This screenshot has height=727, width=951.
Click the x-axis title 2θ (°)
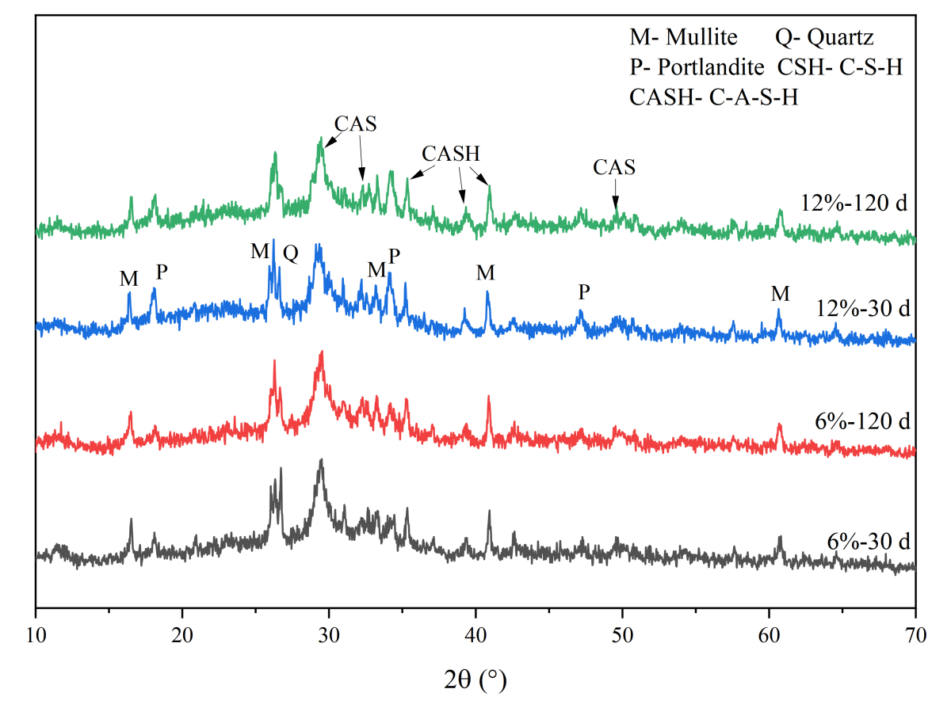pos(474,679)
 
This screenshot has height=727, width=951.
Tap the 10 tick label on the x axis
pos(36,634)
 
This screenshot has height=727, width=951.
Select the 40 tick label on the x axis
pos(475,634)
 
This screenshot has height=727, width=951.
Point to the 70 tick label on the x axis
pos(915,634)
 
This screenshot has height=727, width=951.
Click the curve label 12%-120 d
pos(854,204)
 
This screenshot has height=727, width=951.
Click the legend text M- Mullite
pos(683,37)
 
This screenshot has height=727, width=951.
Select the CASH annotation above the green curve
pos(451,153)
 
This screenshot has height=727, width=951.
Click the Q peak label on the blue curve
pos(291,254)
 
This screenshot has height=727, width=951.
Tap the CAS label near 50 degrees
pos(614,167)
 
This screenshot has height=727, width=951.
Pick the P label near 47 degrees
pos(584,293)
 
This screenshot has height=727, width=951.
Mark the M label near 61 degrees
pos(781,294)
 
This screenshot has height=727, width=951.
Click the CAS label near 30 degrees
pos(355,124)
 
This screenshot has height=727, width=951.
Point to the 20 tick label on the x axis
pos(182,634)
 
